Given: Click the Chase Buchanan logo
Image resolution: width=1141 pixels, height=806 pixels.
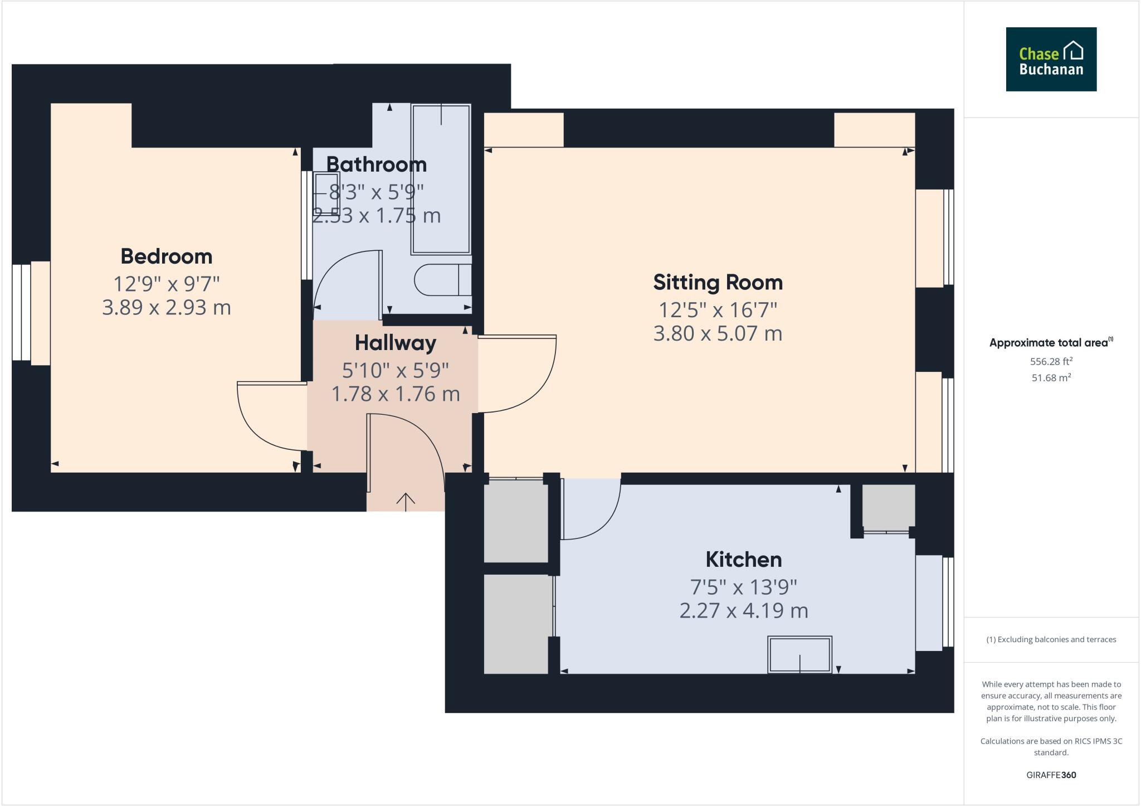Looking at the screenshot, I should tap(1051, 59).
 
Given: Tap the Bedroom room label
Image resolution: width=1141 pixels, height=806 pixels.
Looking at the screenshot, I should tap(167, 256).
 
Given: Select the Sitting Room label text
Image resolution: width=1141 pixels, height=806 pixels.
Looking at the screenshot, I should tap(718, 283).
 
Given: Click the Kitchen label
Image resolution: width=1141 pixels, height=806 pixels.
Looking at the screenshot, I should tap(743, 559).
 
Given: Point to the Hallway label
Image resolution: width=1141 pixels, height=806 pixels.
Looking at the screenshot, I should tap(395, 343).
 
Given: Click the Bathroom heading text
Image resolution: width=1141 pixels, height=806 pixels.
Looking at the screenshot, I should tap(376, 164).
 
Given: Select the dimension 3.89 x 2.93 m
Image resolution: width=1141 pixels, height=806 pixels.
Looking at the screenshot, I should tap(167, 308).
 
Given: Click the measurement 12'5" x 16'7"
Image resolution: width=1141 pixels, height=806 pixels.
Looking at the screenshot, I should tap(718, 309).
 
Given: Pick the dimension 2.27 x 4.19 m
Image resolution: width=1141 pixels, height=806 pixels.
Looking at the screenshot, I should tap(743, 611).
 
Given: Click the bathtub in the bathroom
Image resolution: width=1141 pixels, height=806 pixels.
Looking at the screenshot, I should tap(441, 178).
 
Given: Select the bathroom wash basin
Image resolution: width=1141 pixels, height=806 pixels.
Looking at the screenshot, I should tap(326, 193).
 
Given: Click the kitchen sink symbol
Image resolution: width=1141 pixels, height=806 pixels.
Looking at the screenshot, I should tap(799, 654).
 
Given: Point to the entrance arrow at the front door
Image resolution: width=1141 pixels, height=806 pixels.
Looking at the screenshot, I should tap(405, 501).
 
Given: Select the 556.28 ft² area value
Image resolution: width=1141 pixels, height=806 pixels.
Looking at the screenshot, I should tap(1051, 361).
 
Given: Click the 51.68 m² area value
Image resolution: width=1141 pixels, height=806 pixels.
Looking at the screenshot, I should tap(1051, 378).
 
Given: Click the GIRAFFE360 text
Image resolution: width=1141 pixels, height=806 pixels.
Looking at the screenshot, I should tap(1051, 775).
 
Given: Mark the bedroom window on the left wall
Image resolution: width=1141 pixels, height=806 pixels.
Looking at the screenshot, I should tap(22, 312).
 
